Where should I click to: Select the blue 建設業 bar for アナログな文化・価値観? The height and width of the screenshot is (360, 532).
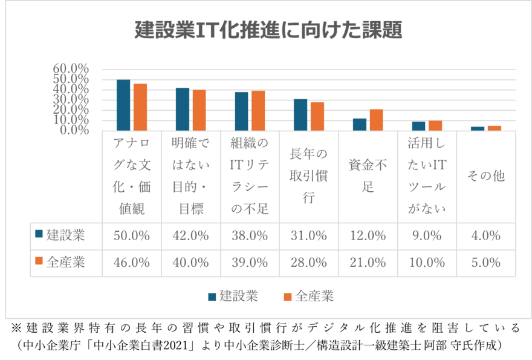[123, 105]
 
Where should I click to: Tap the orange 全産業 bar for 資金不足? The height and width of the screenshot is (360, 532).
[376, 120]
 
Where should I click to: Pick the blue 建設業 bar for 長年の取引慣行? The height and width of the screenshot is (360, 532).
[300, 114]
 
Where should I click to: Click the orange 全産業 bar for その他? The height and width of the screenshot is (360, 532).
[495, 128]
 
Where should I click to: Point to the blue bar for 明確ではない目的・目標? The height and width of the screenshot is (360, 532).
[183, 109]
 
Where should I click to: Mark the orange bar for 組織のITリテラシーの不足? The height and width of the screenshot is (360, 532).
[258, 111]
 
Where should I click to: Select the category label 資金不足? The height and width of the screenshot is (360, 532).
[368, 175]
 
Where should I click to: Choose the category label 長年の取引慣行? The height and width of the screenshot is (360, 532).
[309, 175]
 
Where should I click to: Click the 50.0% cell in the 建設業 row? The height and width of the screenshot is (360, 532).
[132, 236]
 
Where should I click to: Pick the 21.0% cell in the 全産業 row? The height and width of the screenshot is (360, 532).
[368, 263]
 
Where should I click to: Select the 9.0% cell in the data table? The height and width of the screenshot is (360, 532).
[427, 236]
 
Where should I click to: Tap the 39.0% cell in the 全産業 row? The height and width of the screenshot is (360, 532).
[250, 263]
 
